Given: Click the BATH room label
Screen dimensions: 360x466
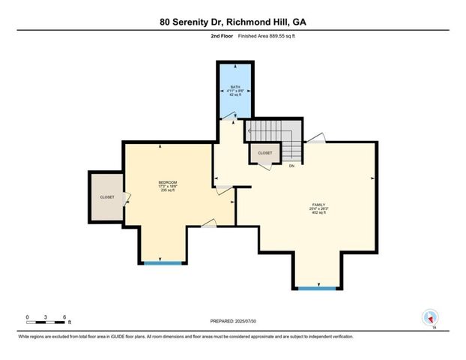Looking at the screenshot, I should click(236, 86).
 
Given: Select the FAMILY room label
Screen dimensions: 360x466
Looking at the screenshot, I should click(320, 204).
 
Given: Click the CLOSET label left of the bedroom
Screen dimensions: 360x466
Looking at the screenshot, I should click(106, 197).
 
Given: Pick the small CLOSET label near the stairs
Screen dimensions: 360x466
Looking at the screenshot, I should click(265, 153).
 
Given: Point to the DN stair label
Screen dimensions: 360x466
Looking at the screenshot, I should click(291, 166).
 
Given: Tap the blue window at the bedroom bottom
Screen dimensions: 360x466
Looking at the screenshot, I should click(163, 262).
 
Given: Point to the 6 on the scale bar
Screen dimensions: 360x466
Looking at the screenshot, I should click(65, 316).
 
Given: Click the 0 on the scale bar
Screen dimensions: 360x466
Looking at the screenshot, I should click(27, 316).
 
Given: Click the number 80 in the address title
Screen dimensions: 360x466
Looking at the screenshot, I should click(166, 22).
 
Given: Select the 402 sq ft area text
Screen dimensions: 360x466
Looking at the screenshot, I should click(320, 213).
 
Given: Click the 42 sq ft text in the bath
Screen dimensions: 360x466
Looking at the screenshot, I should click(236, 95).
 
